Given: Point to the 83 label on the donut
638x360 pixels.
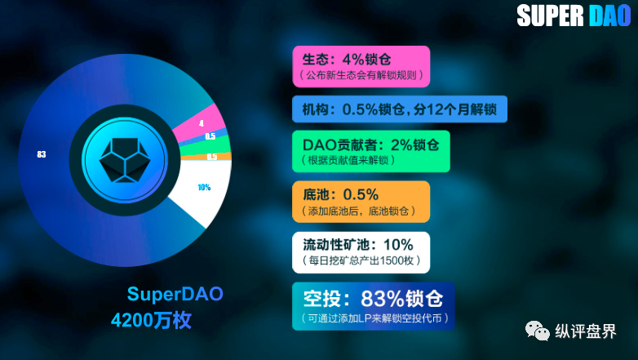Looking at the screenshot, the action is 42,154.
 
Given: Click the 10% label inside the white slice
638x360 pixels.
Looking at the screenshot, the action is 204,187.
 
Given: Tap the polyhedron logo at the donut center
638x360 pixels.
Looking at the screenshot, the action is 125,160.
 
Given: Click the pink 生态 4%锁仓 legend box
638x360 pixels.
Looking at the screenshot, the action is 361,66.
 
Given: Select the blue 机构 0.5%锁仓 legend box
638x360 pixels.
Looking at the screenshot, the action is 400,109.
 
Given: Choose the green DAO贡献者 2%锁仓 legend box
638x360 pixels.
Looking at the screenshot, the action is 371,151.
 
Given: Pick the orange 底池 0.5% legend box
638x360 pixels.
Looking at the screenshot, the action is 361,202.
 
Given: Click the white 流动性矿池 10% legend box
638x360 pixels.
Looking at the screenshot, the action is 361,252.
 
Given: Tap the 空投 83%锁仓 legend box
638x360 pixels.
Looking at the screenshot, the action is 374,306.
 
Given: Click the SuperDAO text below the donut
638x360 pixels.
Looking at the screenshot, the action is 175,294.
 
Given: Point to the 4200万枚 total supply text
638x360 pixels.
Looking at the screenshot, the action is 151,320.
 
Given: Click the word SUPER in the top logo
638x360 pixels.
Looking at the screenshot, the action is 551,16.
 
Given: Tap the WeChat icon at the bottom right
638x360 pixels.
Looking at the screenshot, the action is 537,331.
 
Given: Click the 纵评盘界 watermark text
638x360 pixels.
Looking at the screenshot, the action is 586,331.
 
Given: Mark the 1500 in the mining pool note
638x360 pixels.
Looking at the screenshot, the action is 389,260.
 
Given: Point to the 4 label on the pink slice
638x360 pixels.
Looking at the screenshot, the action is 202,123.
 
